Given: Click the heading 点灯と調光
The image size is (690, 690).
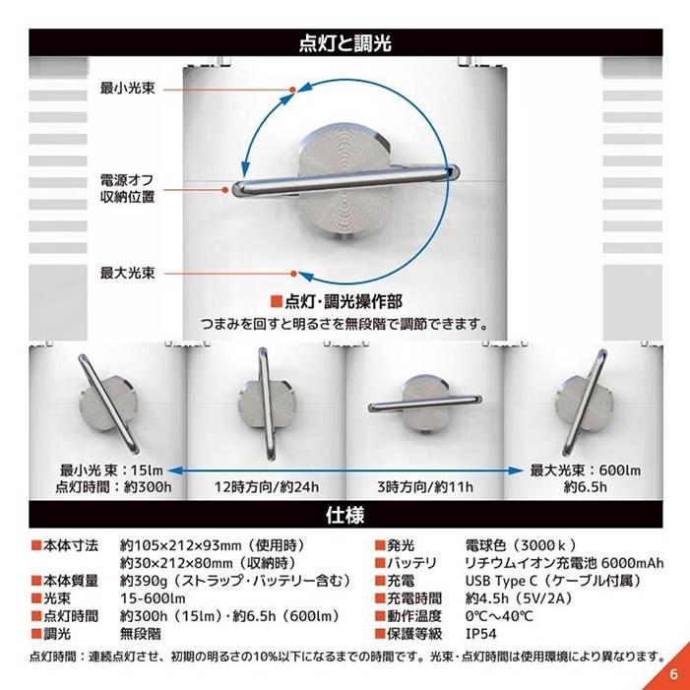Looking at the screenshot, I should coord(345,43).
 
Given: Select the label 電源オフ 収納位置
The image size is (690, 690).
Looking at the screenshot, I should coord(126,189).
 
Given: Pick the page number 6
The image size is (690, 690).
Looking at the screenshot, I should coord(673,674).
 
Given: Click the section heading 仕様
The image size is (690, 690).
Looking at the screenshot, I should coord(345,514).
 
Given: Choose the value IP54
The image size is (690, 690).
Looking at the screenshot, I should coord(480,634).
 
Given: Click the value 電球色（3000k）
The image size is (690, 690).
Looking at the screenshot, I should coord(520,544).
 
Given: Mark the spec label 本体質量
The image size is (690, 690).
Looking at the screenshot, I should coord(71,581).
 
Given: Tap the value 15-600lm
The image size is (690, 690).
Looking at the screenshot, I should coord(153,598).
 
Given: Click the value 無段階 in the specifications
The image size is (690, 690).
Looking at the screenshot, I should coord(142,634).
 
